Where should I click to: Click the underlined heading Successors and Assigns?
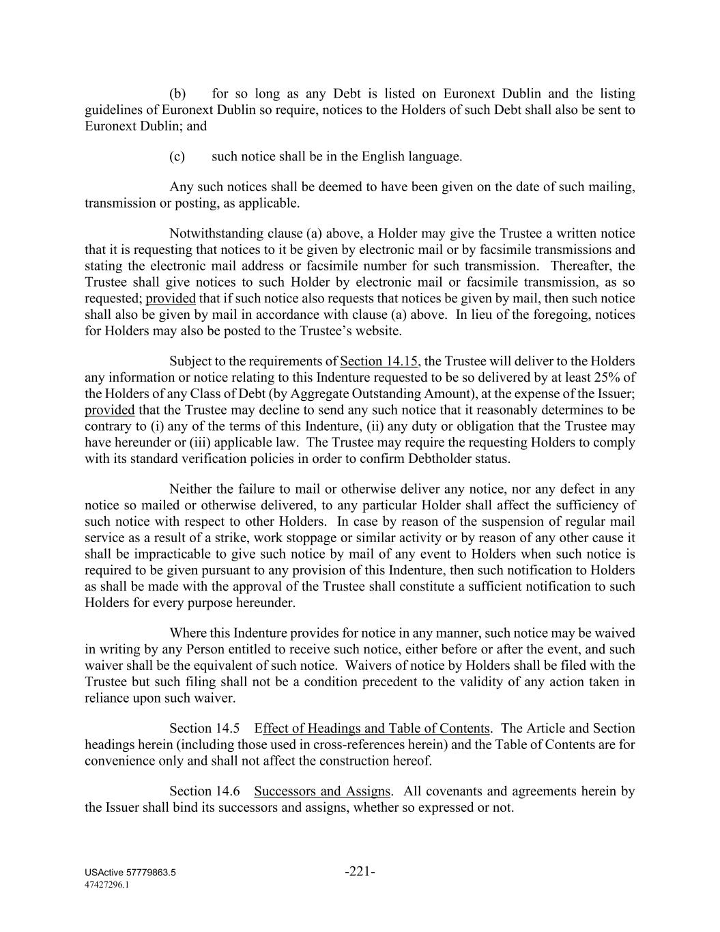tap(322, 791)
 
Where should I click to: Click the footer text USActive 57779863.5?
tap(130, 873)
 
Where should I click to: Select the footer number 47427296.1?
tap(107, 884)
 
